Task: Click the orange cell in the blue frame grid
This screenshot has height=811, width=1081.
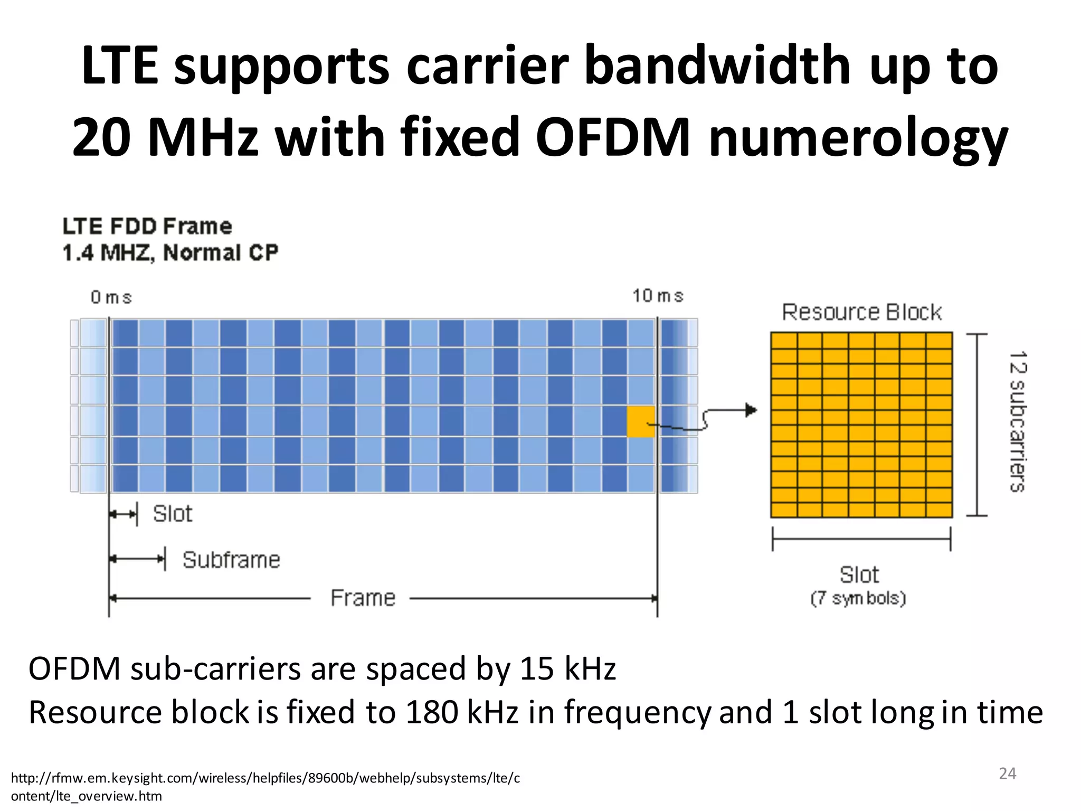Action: pyautogui.click(x=640, y=421)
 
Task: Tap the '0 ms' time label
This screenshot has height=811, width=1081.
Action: pyautogui.click(x=111, y=297)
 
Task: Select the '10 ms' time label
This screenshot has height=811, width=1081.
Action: pyautogui.click(x=658, y=296)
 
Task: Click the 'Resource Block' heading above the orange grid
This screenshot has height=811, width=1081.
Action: pyautogui.click(x=861, y=312)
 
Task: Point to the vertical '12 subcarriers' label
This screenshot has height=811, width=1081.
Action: pyautogui.click(x=1017, y=421)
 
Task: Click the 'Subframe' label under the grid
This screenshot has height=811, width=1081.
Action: pyautogui.click(x=231, y=560)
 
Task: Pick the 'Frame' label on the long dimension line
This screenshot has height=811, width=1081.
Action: pyautogui.click(x=363, y=598)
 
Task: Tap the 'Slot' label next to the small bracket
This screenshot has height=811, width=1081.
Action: pyautogui.click(x=172, y=514)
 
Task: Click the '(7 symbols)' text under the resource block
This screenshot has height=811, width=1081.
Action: pyautogui.click(x=858, y=598)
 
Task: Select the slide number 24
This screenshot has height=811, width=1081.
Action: pyautogui.click(x=1007, y=774)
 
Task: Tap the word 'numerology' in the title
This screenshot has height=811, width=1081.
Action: pyautogui.click(x=858, y=138)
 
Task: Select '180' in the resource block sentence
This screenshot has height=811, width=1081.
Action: pyautogui.click(x=432, y=712)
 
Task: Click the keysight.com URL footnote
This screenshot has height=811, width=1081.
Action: pyautogui.click(x=265, y=786)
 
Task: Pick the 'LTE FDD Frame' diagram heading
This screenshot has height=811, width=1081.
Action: pyautogui.click(x=147, y=227)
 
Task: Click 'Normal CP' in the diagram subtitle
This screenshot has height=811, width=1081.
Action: pyautogui.click(x=221, y=253)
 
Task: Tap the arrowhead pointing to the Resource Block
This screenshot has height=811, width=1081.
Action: pyautogui.click(x=751, y=410)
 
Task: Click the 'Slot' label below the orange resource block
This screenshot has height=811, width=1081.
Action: pyautogui.click(x=859, y=574)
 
